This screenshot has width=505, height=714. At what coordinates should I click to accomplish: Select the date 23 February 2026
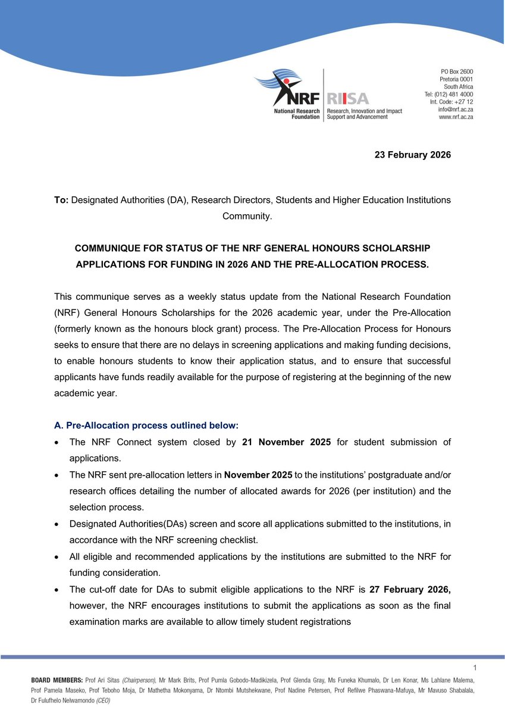[x=412, y=155]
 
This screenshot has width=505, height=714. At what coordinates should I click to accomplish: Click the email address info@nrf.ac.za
[x=456, y=109]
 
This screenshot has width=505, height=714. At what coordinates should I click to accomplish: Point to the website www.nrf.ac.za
[x=456, y=117]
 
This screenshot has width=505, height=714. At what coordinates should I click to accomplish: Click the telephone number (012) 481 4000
[x=455, y=94]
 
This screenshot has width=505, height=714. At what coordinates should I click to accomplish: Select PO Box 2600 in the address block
[x=457, y=71]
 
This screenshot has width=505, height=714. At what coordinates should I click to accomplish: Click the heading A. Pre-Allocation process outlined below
[x=146, y=426]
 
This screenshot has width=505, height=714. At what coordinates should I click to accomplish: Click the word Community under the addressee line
[x=246, y=215]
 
